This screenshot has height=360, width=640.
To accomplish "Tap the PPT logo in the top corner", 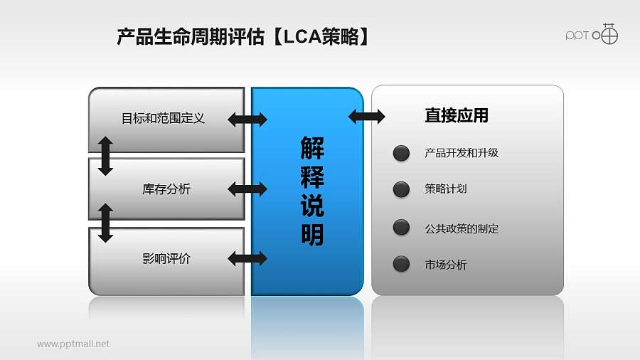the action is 592,33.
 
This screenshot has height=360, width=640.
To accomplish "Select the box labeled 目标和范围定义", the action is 164,118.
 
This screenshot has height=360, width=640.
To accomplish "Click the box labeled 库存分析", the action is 166,189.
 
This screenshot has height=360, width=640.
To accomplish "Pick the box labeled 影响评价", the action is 166,259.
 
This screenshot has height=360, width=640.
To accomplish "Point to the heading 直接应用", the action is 456,115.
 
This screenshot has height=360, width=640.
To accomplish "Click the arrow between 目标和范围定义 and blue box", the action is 247,120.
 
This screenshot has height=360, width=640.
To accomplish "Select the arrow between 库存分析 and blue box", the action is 247,189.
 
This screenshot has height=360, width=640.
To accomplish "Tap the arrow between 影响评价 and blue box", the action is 247,258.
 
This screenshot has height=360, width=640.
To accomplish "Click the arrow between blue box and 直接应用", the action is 366,116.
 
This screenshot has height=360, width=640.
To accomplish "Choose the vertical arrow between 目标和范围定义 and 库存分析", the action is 105,156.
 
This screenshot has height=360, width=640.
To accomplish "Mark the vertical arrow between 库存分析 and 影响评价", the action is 105,223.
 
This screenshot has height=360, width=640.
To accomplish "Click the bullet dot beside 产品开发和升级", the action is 401,153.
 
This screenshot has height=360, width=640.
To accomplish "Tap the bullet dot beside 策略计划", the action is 401,189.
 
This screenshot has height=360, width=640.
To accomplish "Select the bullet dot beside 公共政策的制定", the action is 401,228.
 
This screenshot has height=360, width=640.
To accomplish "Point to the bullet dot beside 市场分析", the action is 401,265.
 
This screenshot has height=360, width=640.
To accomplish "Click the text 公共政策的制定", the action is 462,229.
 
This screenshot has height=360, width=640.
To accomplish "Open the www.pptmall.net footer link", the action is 73,344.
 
